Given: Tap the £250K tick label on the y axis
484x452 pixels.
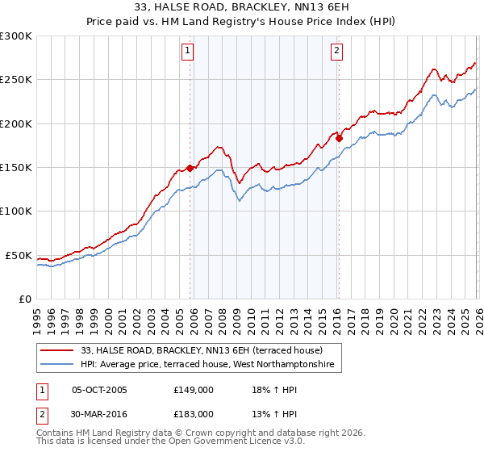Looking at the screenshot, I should (16, 80).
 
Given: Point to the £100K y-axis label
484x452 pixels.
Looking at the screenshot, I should (16, 211).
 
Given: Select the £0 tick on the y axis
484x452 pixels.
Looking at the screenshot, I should (23, 299).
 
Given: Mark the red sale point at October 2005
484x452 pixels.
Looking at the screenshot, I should (190, 168).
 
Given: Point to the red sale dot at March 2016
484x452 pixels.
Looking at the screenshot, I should (339, 139).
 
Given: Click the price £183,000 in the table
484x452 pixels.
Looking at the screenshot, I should (193, 413).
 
